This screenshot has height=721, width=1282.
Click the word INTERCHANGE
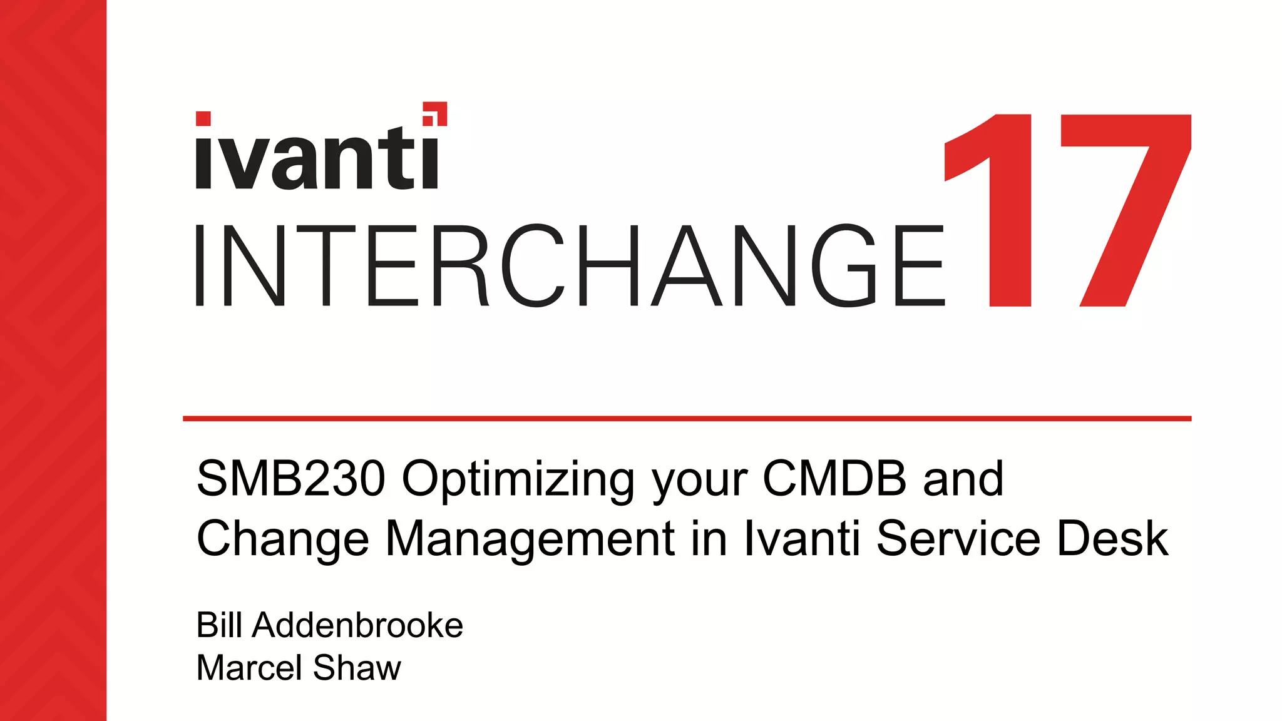(570, 266)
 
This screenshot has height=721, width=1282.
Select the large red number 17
(1067, 210)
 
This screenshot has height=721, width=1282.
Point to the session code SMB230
(291, 479)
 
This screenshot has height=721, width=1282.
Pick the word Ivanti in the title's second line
(802, 538)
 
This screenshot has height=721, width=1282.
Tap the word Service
(958, 538)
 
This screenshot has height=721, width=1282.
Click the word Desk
(1112, 538)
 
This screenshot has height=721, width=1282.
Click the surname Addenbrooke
(357, 625)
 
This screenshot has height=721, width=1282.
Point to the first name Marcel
(250, 667)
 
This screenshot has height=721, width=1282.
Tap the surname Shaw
(357, 667)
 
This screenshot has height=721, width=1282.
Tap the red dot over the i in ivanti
(203, 119)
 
